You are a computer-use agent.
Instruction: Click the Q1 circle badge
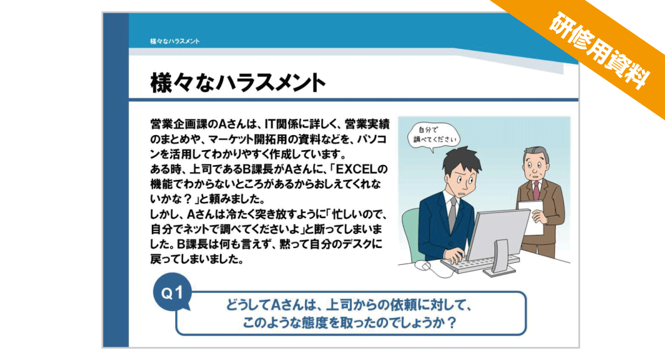pyautogui.click(x=172, y=292)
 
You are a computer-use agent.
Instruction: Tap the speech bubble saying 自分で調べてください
pyautogui.click(x=434, y=136)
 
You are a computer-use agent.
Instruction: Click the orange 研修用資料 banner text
pyautogui.click(x=599, y=50)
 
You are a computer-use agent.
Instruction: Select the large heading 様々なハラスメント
pyautogui.click(x=238, y=83)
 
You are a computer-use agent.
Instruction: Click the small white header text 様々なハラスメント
pyautogui.click(x=175, y=41)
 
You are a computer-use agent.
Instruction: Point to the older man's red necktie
pyautogui.click(x=536, y=190)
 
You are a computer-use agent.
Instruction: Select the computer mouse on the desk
pyautogui.click(x=422, y=265)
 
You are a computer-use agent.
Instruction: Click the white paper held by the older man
pyautogui.click(x=532, y=217)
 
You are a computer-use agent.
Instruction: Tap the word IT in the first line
pyautogui.click(x=270, y=124)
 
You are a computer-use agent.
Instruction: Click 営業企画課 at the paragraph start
pyautogui.click(x=178, y=124)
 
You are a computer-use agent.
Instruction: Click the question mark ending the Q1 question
pyautogui.click(x=452, y=322)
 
